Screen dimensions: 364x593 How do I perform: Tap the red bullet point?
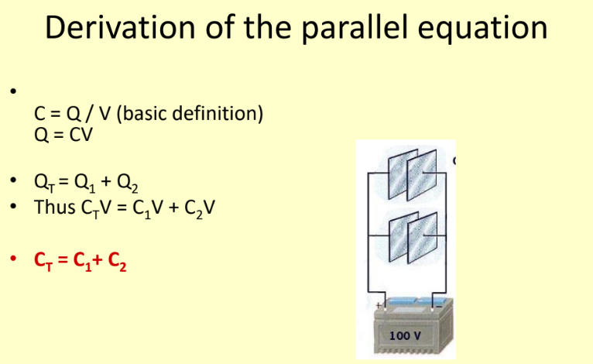click(13, 259)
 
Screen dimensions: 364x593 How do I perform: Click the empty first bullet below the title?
click(13, 91)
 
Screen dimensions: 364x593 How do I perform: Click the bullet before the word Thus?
click(13, 207)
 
